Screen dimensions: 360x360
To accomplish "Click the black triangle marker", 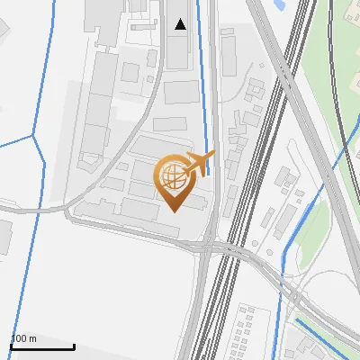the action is click(x=181, y=24).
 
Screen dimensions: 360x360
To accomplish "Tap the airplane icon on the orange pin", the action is click(x=199, y=162).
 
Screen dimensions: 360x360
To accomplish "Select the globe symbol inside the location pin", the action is click(x=171, y=177).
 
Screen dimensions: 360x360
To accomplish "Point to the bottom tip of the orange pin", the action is click(x=173, y=211).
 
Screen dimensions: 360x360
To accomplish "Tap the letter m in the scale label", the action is click(x=33, y=338).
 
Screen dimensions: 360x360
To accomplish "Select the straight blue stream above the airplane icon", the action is click(x=204, y=90).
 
